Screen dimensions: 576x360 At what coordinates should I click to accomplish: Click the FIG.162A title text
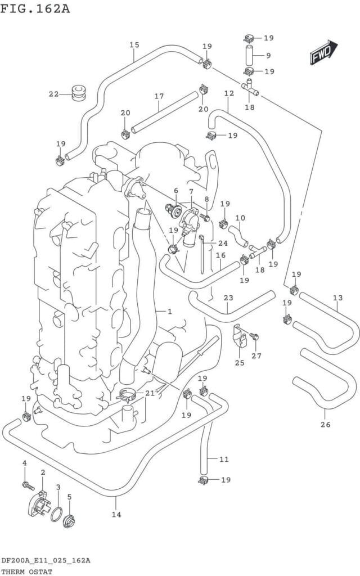(x=35, y=9)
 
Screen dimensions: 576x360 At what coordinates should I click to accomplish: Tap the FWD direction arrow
(x=322, y=53)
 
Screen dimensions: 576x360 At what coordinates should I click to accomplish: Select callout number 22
(x=53, y=94)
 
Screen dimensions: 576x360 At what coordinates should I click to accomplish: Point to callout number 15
(x=134, y=44)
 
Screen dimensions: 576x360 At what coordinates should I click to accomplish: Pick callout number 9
(x=268, y=55)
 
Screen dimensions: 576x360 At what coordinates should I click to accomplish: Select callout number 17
(x=159, y=96)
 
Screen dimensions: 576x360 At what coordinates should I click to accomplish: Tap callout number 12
(x=228, y=93)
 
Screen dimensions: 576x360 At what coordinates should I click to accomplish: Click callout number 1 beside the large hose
(x=169, y=311)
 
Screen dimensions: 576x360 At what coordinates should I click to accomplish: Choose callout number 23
(x=228, y=298)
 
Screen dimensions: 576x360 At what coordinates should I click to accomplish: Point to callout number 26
(x=325, y=424)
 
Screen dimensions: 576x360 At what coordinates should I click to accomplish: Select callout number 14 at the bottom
(x=116, y=514)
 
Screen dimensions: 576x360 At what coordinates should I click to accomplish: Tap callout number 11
(x=224, y=459)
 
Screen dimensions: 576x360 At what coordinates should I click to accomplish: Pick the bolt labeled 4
(x=26, y=484)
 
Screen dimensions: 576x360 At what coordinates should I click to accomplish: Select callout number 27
(x=256, y=355)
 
